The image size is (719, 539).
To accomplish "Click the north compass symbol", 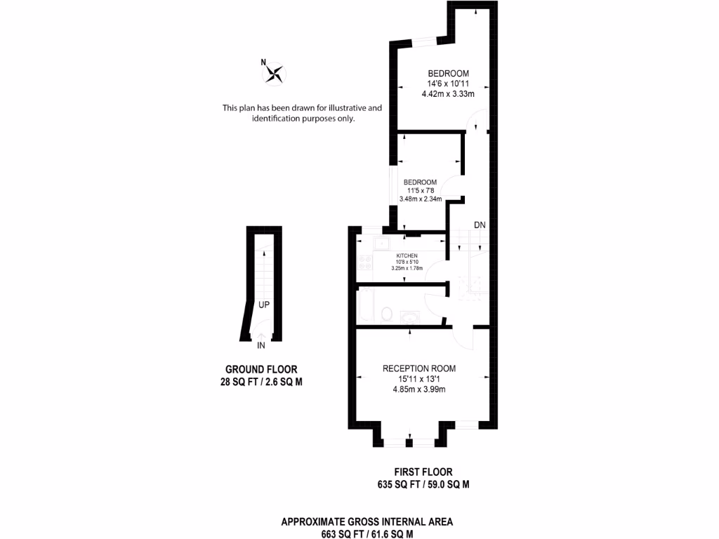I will coord(276,73).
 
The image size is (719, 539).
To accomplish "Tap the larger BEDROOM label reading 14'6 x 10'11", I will coord(448,74).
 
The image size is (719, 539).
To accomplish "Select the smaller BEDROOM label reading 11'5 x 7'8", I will coord(420,182).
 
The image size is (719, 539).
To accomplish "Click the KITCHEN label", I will coord(407,255).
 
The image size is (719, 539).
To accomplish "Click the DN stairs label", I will coord(480,225).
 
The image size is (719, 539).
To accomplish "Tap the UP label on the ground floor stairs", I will coord(264,305).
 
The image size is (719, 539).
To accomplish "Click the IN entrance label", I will coord(260,346).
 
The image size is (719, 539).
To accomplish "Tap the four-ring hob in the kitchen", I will coord(366,264).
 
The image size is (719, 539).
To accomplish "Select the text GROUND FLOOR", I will coord(260,369).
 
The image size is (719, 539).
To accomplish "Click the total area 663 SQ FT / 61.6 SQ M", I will coord(367,533).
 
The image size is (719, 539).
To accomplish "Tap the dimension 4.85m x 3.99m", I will coord(419,390).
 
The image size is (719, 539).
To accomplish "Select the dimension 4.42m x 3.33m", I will coord(448,94).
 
